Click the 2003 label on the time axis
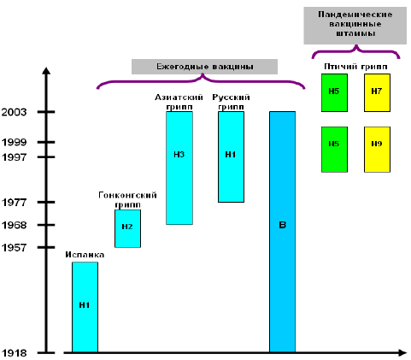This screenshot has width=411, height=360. point(14,112)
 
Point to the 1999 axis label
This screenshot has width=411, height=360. point(14,142)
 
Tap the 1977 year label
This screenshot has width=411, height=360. point(14,203)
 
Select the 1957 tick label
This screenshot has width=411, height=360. point(14,247)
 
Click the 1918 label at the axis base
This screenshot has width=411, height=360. point(14,353)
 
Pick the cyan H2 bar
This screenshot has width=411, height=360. point(127,228)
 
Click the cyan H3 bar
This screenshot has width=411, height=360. point(179,168)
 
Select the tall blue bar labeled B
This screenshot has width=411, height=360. point(283,232)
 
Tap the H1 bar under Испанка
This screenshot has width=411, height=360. point(85,307)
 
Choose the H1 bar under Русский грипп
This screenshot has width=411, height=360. point(231,156)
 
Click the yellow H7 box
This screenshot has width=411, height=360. point(377,92)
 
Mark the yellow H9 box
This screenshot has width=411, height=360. point(377,150)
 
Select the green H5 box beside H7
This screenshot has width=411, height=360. point(334,92)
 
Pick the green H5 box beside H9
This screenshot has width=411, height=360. point(334,150)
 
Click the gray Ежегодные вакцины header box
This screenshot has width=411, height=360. point(204,67)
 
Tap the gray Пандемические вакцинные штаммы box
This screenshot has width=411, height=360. point(355,26)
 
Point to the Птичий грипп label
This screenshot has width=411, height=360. point(355,67)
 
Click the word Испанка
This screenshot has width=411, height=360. point(85,255)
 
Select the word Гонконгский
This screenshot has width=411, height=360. point(127,195)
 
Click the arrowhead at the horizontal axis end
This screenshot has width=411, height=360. point(402,353)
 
